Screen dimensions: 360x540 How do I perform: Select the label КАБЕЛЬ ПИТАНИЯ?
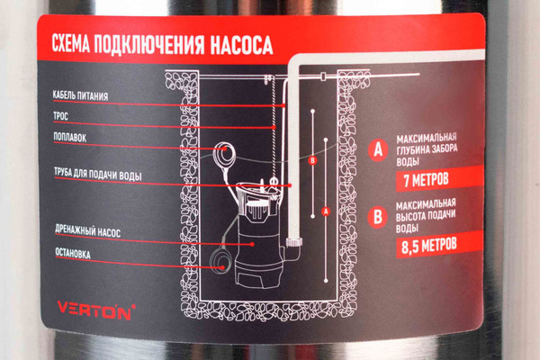point(79,94)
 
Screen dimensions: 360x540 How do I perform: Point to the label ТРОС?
point(63,116)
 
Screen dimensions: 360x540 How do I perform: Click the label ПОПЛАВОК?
point(71,138)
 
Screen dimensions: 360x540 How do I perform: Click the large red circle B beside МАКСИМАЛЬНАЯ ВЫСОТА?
point(378,215)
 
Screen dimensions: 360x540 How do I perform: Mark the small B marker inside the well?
point(312,161)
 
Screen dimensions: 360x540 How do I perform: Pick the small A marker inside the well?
point(325,211)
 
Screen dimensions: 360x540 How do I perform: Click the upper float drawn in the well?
point(223,155)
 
